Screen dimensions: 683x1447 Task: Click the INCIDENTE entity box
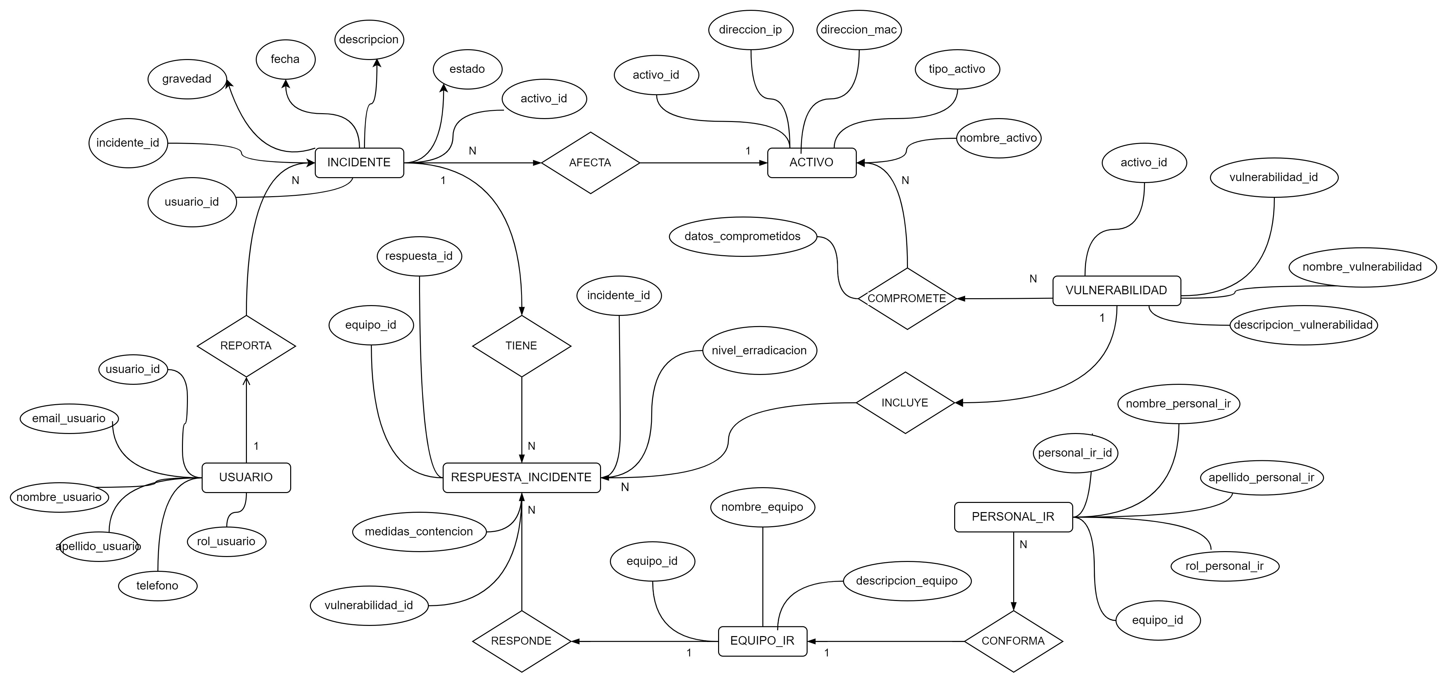[359, 162]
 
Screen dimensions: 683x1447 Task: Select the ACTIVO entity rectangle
[811, 162]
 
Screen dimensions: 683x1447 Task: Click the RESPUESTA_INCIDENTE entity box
[521, 477]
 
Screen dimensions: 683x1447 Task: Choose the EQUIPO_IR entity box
[762, 641]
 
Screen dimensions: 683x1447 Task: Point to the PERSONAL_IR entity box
[1013, 517]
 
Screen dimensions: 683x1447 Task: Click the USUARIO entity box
[246, 477]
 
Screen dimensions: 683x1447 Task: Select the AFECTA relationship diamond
[590, 162]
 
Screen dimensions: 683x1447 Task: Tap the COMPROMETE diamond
[907, 299]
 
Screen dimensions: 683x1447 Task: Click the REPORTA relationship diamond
[246, 346]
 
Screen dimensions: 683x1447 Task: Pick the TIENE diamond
[521, 346]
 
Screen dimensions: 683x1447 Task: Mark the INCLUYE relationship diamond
[905, 403]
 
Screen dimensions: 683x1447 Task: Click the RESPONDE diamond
[521, 641]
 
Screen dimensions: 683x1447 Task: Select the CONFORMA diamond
[1013, 641]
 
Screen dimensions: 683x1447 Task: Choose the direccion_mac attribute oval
[858, 30]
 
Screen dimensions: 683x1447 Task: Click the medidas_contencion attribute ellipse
[419, 531]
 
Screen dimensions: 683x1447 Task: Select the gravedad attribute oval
[187, 79]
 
